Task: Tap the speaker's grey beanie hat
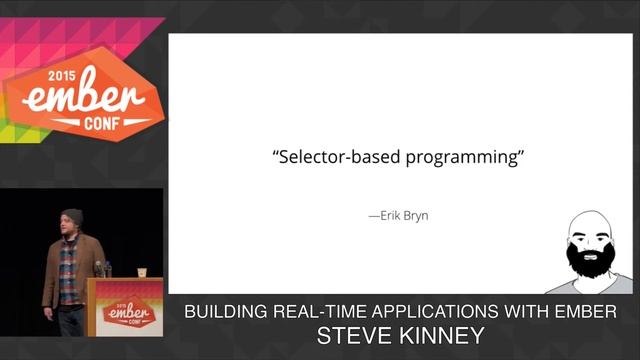[x=71, y=216]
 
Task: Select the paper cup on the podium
[x=142, y=272]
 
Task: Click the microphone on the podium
[x=100, y=268]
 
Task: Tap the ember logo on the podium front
[x=125, y=312]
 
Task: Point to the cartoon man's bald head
[x=591, y=222]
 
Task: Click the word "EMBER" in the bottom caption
[x=589, y=313]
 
